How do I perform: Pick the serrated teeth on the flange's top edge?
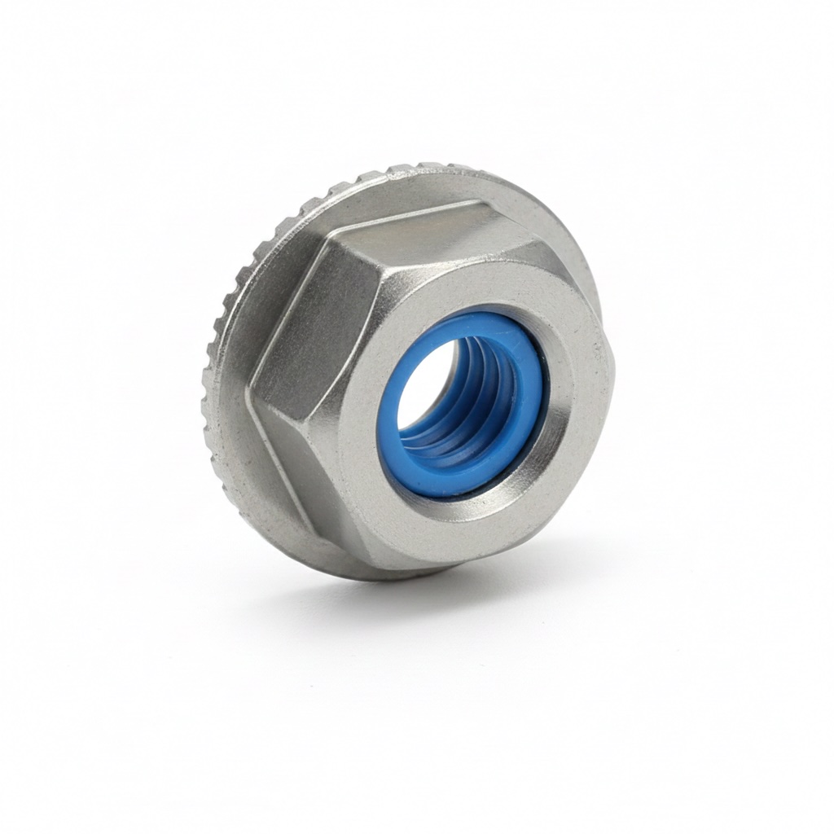(x=391, y=173)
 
